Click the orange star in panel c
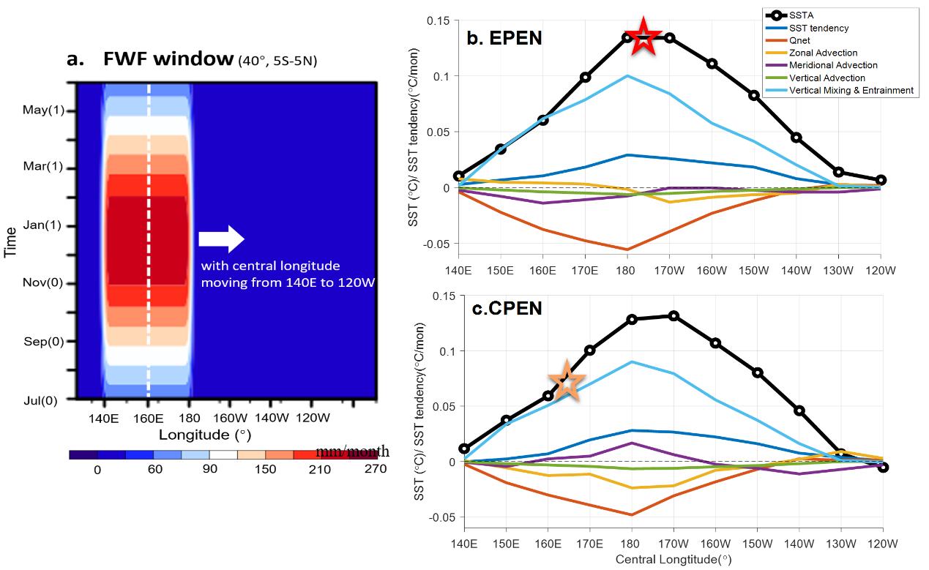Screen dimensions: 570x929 click(x=567, y=381)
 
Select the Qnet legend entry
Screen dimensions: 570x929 click(x=802, y=40)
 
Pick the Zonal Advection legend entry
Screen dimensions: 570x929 click(x=823, y=53)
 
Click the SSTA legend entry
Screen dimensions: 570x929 click(x=802, y=15)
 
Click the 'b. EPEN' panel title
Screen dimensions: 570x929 click(x=504, y=37)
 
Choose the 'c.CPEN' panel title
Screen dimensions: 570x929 click(x=507, y=308)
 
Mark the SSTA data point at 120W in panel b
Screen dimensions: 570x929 click(x=881, y=180)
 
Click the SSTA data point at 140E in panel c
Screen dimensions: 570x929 click(x=464, y=449)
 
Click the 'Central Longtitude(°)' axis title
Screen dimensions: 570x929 click(x=673, y=560)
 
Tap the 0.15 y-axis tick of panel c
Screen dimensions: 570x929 click(x=444, y=296)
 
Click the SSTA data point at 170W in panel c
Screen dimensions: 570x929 click(x=674, y=316)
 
